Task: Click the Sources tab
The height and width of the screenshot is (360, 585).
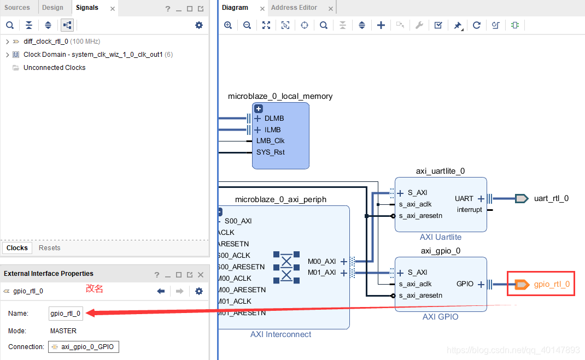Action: pos(17,8)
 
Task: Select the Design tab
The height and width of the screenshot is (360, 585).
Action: pos(52,8)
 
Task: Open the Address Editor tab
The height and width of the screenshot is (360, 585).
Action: pos(294,8)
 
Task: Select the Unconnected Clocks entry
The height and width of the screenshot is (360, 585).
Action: pos(54,68)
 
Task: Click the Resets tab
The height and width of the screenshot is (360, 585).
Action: pos(49,248)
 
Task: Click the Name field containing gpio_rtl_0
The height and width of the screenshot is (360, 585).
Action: pos(66,314)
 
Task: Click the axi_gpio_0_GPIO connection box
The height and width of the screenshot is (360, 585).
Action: pos(84,347)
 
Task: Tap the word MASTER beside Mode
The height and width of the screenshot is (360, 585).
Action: pos(63,331)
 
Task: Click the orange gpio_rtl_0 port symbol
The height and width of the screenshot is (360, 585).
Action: pos(522,284)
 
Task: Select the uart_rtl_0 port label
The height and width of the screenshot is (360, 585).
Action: pos(551,198)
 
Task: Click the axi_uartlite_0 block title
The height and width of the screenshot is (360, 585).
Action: pos(440,171)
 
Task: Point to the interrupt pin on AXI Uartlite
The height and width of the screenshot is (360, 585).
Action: pos(470,210)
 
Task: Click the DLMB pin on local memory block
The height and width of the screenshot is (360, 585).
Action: pos(274,119)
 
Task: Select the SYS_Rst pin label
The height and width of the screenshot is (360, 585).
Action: pos(270,152)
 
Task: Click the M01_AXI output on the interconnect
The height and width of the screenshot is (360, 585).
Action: pos(322,273)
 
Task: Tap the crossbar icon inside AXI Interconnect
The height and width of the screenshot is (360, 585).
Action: pos(286,267)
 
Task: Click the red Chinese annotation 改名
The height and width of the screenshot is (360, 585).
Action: pos(95,288)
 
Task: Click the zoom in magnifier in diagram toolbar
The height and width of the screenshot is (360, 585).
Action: pos(228,25)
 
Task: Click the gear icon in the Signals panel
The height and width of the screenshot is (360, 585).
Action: pos(199,25)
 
